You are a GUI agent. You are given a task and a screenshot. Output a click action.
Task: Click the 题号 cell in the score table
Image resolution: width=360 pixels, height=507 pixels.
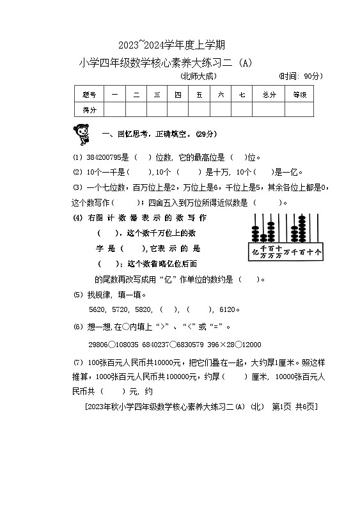(89, 95)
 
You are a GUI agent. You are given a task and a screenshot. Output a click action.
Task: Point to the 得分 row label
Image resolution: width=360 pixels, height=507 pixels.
(89, 110)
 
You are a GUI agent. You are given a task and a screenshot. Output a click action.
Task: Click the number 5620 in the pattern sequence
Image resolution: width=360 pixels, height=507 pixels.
(97, 309)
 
